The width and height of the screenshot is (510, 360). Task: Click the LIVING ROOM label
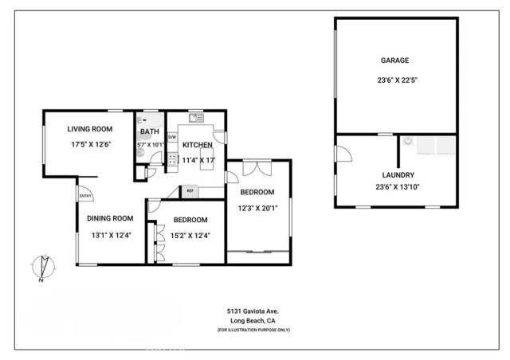(x=89, y=128)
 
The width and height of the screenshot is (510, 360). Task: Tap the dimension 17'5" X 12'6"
(x=89, y=144)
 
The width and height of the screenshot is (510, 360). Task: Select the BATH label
(x=149, y=131)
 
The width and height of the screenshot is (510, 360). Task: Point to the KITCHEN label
(x=197, y=145)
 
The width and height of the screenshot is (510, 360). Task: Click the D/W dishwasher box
(x=171, y=137)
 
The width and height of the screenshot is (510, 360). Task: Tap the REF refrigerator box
(x=190, y=190)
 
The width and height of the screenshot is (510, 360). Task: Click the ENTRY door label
(x=84, y=195)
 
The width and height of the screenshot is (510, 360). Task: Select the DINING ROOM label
(x=110, y=218)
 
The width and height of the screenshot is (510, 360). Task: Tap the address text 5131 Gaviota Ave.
(x=253, y=311)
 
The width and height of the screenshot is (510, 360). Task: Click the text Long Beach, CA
(x=253, y=321)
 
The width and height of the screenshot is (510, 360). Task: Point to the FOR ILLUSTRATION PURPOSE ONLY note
(x=253, y=330)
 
